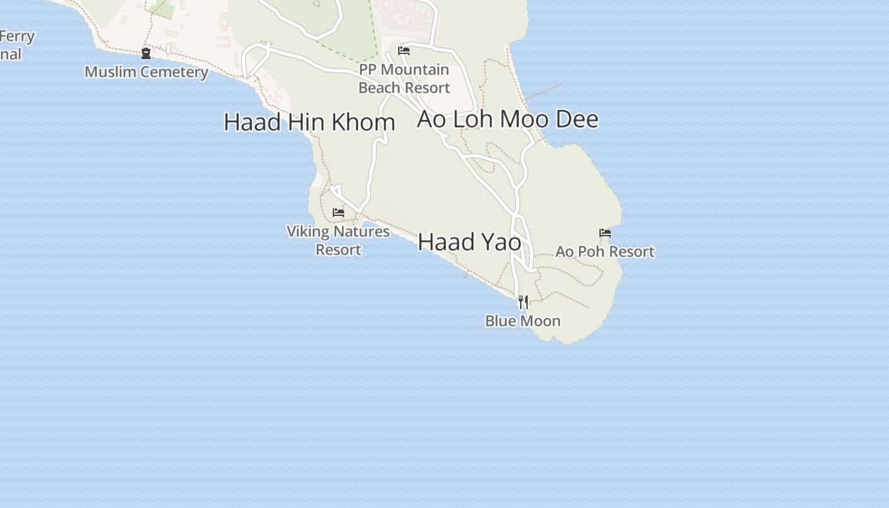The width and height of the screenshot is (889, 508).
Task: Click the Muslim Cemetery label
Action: [x=146, y=72]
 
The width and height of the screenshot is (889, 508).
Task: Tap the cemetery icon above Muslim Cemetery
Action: [x=146, y=53]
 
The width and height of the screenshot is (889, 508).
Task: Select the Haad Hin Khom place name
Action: [x=309, y=122]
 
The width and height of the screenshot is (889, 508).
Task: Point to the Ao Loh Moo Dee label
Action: [x=507, y=119]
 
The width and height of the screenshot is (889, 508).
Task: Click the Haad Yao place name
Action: [x=469, y=242]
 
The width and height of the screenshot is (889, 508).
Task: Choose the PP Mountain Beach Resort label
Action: [x=404, y=79]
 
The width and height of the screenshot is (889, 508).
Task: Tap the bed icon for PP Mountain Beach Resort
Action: [x=404, y=51]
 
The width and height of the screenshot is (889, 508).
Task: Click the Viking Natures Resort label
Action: [x=338, y=240]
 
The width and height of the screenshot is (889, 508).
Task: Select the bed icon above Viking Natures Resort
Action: [x=338, y=213]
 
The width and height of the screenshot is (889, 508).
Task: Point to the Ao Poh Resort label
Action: [x=605, y=251]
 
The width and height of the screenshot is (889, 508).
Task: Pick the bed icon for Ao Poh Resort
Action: [x=605, y=233]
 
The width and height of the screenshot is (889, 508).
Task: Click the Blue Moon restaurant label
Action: [x=523, y=321]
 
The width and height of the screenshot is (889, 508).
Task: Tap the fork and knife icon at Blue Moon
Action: [x=523, y=302]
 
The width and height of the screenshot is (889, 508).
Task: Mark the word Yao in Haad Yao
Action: [x=498, y=242]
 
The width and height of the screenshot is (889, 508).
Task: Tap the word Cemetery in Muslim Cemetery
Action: [x=175, y=72]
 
